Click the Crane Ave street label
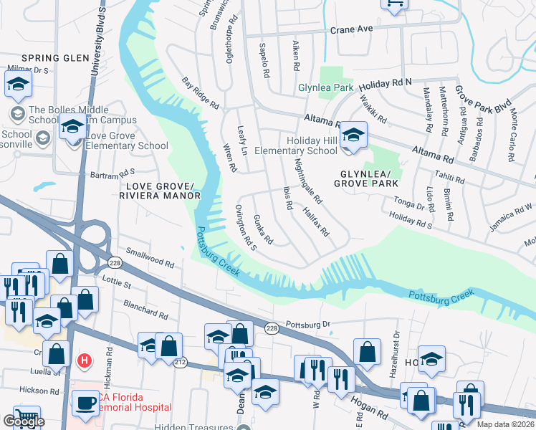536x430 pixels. click(x=352, y=29)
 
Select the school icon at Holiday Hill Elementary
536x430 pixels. click(x=353, y=135)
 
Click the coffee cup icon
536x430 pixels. click(x=86, y=403)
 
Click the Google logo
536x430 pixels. click(x=24, y=421)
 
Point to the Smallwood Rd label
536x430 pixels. click(x=150, y=258)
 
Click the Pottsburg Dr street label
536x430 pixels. click(x=308, y=325)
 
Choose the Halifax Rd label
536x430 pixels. click(x=315, y=222)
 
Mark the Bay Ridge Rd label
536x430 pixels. click(x=200, y=93)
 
